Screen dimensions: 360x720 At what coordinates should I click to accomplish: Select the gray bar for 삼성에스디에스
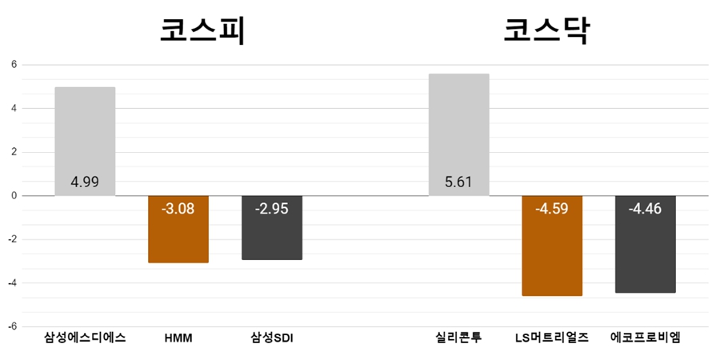pos(85,141)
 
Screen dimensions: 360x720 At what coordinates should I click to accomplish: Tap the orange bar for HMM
pos(178,230)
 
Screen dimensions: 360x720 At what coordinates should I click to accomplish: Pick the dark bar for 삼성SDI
pos(271,228)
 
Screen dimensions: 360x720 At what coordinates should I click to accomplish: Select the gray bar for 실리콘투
pos(458,134)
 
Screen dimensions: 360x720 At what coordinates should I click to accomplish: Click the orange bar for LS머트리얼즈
pos(552,246)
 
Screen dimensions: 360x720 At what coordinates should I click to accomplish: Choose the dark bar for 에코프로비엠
pos(645,244)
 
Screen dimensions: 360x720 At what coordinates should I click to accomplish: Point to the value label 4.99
pos(85,182)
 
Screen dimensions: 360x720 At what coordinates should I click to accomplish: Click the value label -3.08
pos(178,209)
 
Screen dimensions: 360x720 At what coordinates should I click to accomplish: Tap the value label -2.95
pos(271,209)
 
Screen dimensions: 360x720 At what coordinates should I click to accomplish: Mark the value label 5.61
pos(458,182)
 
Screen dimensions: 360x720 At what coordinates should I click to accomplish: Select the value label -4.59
pos(552,209)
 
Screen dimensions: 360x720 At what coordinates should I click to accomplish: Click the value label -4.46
pos(645,209)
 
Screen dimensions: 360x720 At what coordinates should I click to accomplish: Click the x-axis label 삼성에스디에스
pos(85,338)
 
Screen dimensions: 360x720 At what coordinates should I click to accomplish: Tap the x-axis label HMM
pos(178,338)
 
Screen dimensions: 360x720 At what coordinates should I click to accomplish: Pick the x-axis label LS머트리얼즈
pos(552,338)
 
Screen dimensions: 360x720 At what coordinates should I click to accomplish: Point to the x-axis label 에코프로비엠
pos(645,338)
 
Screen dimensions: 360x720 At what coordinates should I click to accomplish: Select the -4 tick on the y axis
pos(12,283)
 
